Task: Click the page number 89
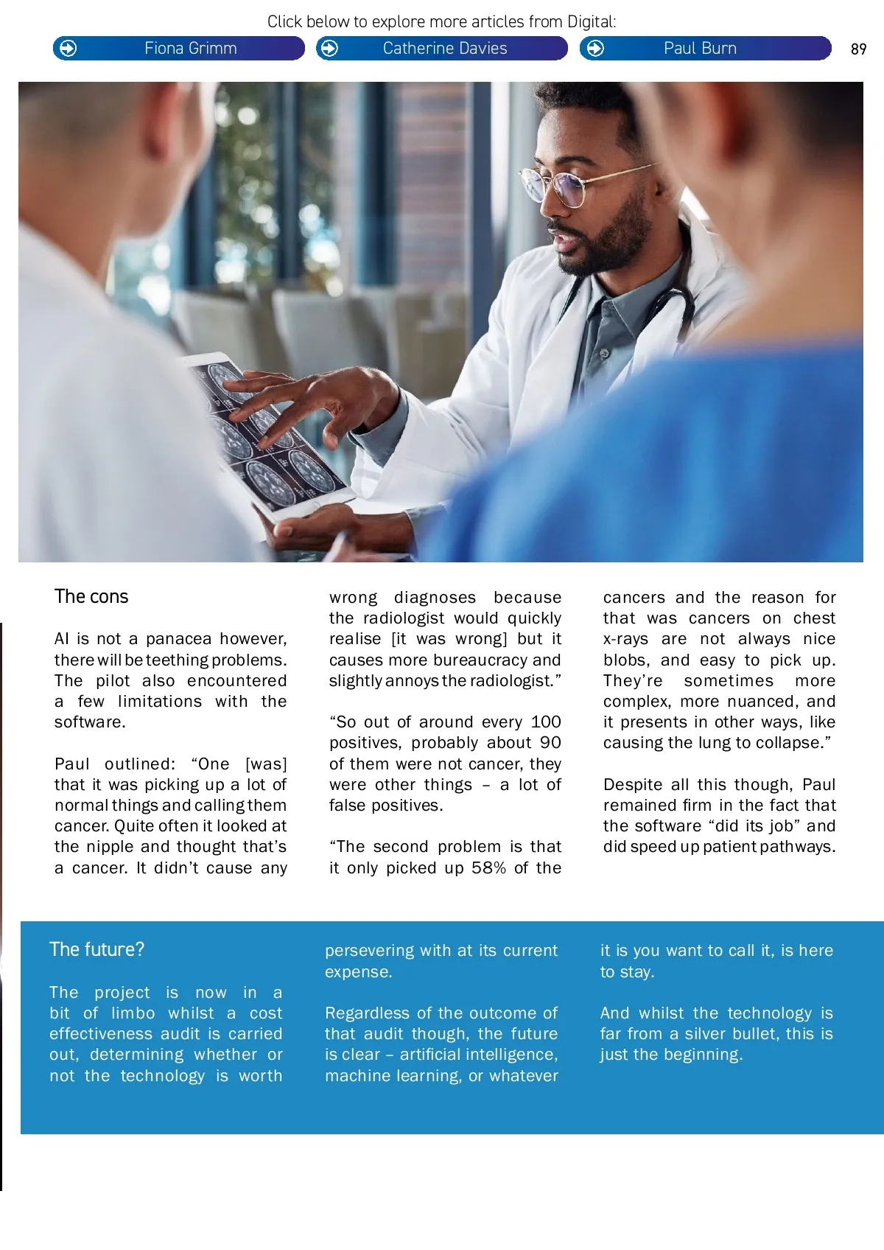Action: [858, 49]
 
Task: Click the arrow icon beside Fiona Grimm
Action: [68, 49]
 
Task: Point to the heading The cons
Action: [91, 596]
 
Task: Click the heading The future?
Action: [97, 949]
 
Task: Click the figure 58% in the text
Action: [488, 868]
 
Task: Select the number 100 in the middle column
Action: [546, 722]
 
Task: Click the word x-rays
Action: [625, 639]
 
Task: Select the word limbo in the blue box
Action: [133, 1013]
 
